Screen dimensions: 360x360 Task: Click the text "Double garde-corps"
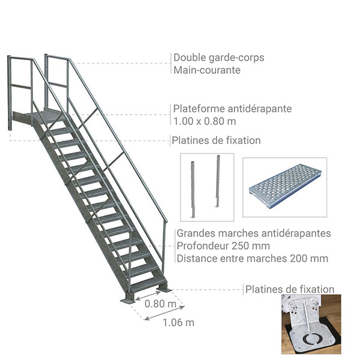coord(219,58)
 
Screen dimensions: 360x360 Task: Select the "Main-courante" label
coord(207,70)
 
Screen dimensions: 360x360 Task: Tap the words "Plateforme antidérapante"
coord(232,109)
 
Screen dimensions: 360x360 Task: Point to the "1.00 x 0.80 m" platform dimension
coord(205,121)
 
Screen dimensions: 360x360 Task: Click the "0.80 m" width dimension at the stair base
coord(160,304)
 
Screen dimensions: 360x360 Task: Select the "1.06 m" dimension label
coord(178,323)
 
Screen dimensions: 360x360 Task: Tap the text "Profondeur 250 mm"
coord(223,246)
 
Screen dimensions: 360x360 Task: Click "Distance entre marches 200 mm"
coord(253,259)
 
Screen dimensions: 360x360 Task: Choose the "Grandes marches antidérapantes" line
coord(254,233)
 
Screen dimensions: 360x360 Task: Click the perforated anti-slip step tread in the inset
coord(285,185)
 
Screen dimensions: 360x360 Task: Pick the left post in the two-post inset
coord(193,190)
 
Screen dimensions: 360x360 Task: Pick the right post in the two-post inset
coord(218,181)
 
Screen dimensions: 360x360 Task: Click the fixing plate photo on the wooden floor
coord(311,324)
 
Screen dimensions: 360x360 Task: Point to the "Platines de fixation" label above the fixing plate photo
coord(290,289)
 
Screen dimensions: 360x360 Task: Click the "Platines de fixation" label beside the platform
coord(216,140)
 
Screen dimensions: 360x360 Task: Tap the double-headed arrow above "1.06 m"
coord(164,313)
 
